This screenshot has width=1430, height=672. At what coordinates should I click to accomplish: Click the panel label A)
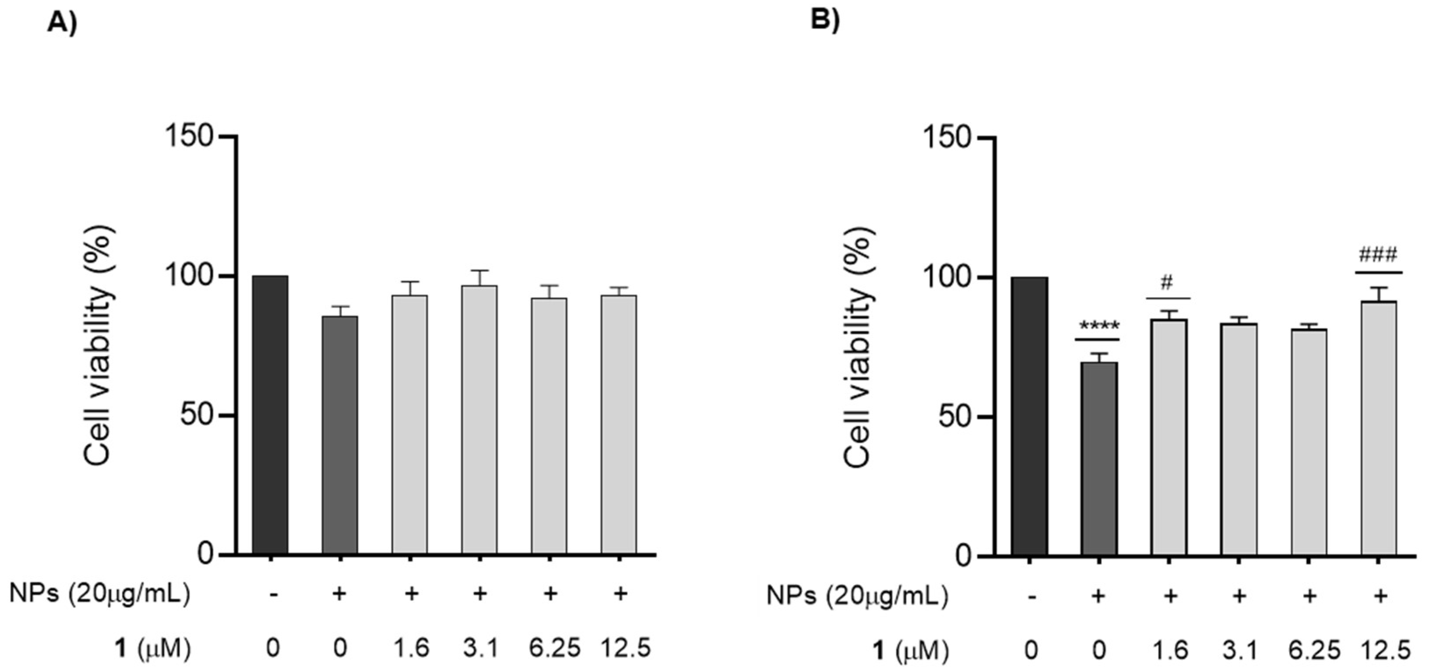pyautogui.click(x=62, y=23)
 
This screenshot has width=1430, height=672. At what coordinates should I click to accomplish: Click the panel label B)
pyautogui.click(x=825, y=19)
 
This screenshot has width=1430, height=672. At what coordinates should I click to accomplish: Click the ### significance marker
pyautogui.click(x=1378, y=256)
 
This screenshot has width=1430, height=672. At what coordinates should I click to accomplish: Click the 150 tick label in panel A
pyautogui.click(x=190, y=136)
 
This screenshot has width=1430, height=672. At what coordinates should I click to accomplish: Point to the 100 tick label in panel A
pyautogui.click(x=190, y=276)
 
